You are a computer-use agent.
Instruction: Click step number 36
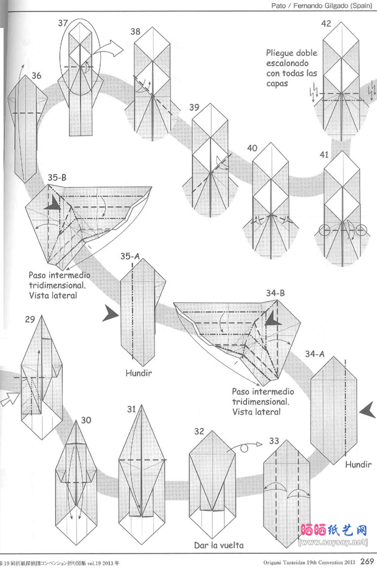coord(36,76)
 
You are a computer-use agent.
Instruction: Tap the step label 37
coord(63,23)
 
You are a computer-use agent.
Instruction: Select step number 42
coord(326,24)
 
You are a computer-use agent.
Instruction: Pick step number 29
coord(30,319)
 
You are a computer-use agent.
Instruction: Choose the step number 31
coord(132,409)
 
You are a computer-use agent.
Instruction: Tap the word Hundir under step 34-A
coord(358,465)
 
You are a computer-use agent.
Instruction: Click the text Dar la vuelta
coord(220,545)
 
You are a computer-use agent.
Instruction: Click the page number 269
coord(366,561)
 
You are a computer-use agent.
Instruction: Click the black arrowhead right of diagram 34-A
coord(366,412)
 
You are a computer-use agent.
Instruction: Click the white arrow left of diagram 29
coord(9,399)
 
